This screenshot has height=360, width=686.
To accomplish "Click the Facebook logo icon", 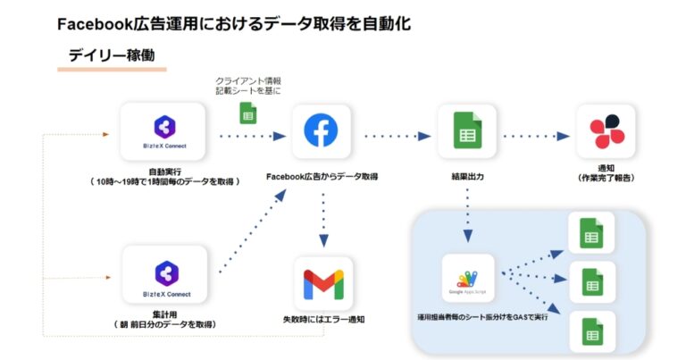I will tap(321, 132).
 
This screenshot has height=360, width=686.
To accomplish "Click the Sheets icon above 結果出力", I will tap(465, 132).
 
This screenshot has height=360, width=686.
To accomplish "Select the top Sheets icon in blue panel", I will tap(590, 235).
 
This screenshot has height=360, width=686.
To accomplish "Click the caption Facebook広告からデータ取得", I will tap(322, 177).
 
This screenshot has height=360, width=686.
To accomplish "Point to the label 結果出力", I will tap(466, 177).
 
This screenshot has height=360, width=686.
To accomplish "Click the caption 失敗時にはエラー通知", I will tap(322, 319).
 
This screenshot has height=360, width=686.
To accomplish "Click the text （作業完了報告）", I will tap(607, 178).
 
